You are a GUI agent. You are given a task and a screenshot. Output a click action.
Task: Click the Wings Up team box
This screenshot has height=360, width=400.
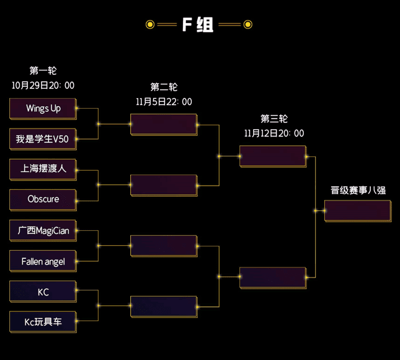coord(43,109)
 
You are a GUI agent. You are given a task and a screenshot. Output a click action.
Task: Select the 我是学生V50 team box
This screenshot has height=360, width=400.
coord(43,139)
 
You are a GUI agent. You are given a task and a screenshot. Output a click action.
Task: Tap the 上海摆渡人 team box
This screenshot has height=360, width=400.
coord(43,169)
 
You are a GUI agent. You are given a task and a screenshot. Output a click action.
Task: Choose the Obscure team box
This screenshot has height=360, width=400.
coord(43,199)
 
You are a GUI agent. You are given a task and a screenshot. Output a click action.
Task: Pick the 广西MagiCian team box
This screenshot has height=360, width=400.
coord(43,231)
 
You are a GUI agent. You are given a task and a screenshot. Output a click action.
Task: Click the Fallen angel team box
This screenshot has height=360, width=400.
coord(43,261)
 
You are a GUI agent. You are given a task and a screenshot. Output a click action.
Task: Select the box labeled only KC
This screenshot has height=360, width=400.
coord(43,292)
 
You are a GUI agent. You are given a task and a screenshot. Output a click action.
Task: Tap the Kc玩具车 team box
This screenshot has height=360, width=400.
coord(43,322)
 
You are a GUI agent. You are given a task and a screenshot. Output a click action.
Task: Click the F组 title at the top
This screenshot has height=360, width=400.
coord(198,25)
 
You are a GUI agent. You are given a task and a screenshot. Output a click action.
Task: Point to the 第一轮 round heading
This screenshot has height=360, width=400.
coord(43,71)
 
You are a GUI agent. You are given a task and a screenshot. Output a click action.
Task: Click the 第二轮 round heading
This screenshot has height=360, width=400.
coord(164,88)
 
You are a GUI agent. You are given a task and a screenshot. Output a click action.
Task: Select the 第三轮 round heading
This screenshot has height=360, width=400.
coord(274,119)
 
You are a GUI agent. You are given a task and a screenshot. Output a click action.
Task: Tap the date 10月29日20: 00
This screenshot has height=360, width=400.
coord(43,86)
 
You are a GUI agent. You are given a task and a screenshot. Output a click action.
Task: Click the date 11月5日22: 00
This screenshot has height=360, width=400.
coord(164,102)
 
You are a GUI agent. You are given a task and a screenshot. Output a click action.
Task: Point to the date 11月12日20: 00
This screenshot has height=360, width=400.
coord(274,133)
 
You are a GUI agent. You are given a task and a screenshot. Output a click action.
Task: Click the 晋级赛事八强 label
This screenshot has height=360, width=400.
coord(358,190)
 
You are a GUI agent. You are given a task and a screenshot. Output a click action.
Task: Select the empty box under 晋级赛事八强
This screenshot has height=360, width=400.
coord(358,211)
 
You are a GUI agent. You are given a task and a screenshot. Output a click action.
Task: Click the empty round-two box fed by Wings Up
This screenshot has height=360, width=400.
coord(164,124)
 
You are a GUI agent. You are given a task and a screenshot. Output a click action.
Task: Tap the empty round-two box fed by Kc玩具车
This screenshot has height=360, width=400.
coord(164,307)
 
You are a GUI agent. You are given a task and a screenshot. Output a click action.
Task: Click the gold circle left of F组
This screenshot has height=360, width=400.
coord(149,25)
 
